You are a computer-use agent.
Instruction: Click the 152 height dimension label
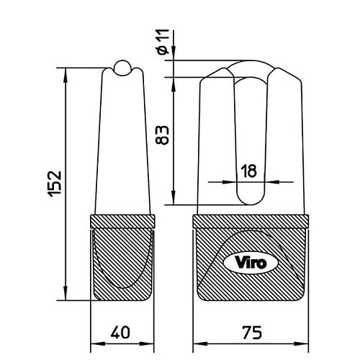click(55, 184)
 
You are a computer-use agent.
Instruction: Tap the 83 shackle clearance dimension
click(162, 135)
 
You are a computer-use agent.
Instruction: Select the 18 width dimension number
click(248, 171)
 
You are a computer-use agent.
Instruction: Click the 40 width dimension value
click(120, 333)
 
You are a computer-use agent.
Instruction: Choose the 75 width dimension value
click(252, 333)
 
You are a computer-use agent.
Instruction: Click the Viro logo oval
click(251, 263)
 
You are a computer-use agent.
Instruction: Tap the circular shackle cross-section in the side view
click(122, 68)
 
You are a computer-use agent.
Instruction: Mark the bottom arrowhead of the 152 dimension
click(65, 293)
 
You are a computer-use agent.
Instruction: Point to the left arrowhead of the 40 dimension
click(98, 344)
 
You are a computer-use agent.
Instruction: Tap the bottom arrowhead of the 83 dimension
click(174, 198)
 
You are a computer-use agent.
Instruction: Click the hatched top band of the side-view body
click(122, 222)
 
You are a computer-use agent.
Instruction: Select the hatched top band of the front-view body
click(251, 222)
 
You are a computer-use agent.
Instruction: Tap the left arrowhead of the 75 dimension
click(200, 344)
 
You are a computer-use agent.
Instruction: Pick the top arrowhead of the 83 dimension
click(174, 84)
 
